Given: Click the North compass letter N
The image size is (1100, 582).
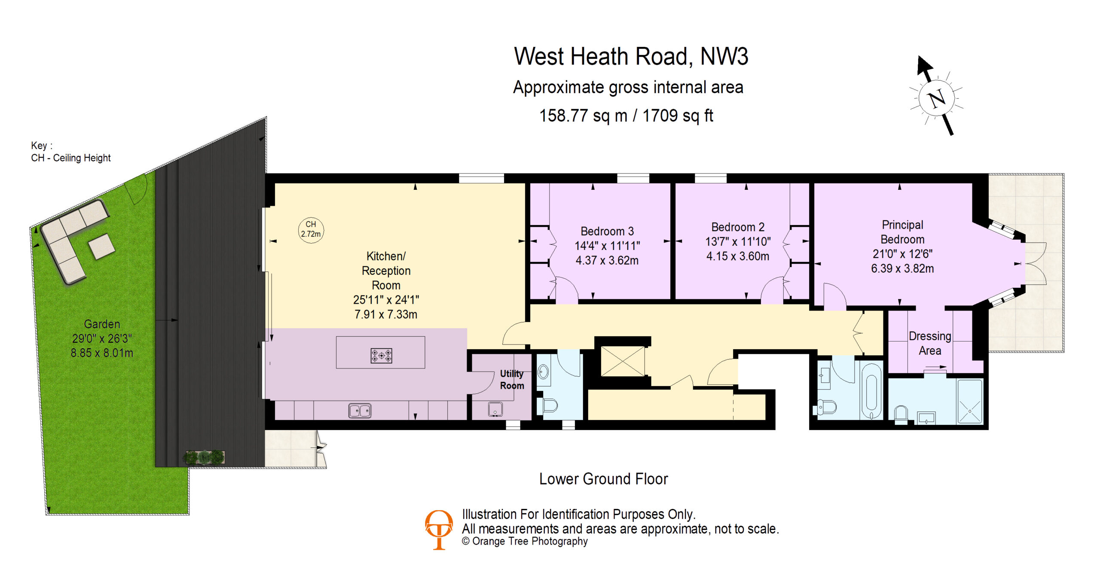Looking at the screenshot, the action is pyautogui.click(x=937, y=98).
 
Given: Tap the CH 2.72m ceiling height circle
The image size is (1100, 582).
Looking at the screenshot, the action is pyautogui.click(x=311, y=230).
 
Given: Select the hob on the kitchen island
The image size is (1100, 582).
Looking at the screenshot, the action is pyautogui.click(x=381, y=356).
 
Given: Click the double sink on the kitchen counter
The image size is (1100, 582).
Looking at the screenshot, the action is pyautogui.click(x=360, y=411).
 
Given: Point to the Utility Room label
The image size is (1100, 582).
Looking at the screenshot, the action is pyautogui.click(x=512, y=380).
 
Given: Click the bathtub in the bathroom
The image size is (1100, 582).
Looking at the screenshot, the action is pyautogui.click(x=871, y=396).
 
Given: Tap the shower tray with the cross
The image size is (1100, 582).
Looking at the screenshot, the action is pyautogui.click(x=970, y=402).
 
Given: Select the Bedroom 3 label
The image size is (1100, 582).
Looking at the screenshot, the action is pyautogui.click(x=607, y=231).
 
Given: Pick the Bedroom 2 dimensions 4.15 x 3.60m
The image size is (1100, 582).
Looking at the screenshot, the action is pyautogui.click(x=738, y=256).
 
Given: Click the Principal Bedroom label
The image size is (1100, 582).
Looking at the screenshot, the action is pyautogui.click(x=902, y=232).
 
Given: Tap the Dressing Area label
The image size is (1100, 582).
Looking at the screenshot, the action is pyautogui.click(x=930, y=343).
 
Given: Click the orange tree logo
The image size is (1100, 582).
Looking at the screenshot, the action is pyautogui.click(x=439, y=530).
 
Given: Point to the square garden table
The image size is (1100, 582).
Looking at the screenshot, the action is pyautogui.click(x=101, y=246).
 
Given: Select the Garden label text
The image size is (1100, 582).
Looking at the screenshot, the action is pyautogui.click(x=102, y=324).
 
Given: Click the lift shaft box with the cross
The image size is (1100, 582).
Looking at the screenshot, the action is pyautogui.click(x=623, y=361).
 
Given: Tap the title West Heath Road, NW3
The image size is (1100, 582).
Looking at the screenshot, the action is pyautogui.click(x=631, y=56).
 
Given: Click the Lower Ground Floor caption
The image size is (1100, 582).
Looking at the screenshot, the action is pyautogui.click(x=603, y=479).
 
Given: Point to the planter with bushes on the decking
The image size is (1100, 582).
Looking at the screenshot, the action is pyautogui.click(x=205, y=457).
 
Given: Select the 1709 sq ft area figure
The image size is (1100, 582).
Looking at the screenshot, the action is pyautogui.click(x=678, y=116).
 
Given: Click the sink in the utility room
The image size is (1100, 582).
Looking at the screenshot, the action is pyautogui.click(x=495, y=409).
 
